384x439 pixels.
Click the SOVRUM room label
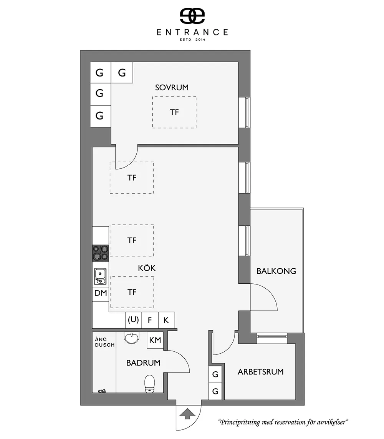click(x=172, y=88)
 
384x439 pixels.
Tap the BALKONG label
click(x=276, y=271)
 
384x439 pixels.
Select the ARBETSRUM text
click(x=260, y=372)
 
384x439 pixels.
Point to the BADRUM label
click(x=143, y=363)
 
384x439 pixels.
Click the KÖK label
click(x=147, y=268)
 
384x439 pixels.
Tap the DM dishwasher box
click(x=101, y=294)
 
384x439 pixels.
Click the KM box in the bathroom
click(x=155, y=340)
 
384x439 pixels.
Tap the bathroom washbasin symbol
click(x=132, y=339)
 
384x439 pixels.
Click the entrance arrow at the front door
click(x=187, y=415)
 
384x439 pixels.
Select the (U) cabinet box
click(x=133, y=320)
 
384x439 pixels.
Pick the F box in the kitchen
click(x=150, y=320)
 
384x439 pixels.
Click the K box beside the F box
click(x=166, y=320)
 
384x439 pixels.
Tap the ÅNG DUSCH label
click(x=104, y=342)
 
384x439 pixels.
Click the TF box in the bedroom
click(x=174, y=112)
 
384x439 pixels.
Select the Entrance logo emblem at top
click(x=192, y=15)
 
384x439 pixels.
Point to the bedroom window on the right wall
click(x=245, y=112)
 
